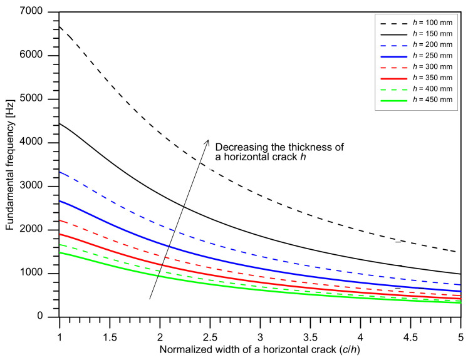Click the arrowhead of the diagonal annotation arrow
(x=208, y=141)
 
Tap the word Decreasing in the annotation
(x=237, y=147)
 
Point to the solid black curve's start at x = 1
(x=60, y=123)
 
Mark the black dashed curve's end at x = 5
(x=460, y=252)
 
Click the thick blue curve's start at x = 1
(x=60, y=201)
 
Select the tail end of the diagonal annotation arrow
(x=150, y=299)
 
